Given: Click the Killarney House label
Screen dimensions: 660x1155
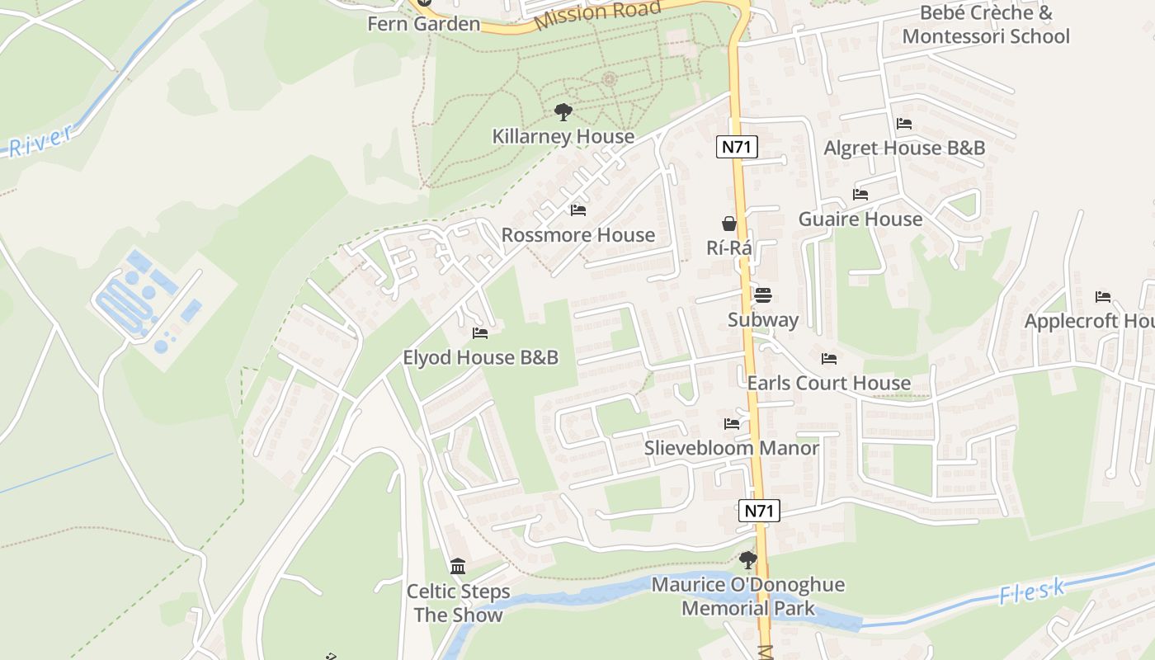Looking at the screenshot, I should (x=563, y=136).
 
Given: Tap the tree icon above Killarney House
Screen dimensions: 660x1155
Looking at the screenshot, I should (x=563, y=111).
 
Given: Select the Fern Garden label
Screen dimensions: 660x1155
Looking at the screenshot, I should (x=423, y=23).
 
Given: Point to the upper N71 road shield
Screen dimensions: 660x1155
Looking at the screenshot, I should (x=738, y=148).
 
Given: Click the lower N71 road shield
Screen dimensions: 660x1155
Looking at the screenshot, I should (x=759, y=511).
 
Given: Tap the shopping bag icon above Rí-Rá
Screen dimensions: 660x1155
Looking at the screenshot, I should (x=729, y=223).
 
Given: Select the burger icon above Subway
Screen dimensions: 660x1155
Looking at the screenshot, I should (x=763, y=295).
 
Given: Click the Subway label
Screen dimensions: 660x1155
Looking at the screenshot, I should (x=763, y=319).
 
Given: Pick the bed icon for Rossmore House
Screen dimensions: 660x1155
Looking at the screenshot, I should (x=578, y=210).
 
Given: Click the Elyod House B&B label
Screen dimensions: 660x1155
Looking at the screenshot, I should (x=480, y=357).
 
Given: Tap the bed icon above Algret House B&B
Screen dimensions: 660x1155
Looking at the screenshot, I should (x=904, y=124).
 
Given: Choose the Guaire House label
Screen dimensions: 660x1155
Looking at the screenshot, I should (x=860, y=219).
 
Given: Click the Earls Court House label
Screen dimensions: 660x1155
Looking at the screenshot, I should (x=829, y=383).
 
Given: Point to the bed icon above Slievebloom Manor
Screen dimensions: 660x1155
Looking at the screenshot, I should (x=732, y=424).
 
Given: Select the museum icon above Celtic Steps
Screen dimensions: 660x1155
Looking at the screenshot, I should (x=458, y=567).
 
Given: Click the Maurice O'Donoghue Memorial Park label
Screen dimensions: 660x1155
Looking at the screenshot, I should (x=748, y=596).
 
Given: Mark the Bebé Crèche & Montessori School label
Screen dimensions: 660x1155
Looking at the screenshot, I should (x=986, y=25).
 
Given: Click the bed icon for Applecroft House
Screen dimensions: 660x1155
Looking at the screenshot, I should (x=1103, y=297).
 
